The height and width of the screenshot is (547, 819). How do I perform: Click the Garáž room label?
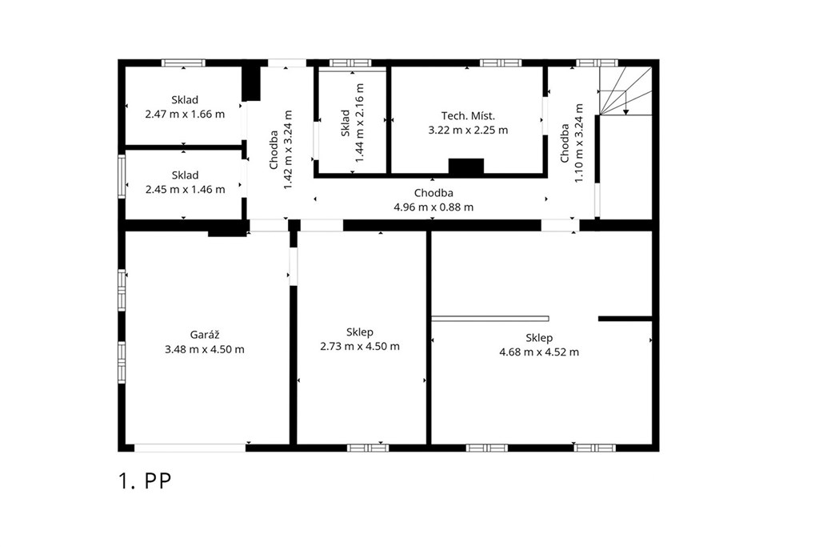click(x=204, y=336)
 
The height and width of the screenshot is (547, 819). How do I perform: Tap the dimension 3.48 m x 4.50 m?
click(x=205, y=349)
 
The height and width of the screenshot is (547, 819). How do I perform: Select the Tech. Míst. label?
click(x=468, y=115)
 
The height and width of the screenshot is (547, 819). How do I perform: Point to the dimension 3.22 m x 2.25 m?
click(x=468, y=131)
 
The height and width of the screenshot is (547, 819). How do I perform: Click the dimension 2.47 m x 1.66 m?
click(x=185, y=114)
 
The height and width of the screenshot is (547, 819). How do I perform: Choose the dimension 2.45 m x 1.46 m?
click(x=185, y=189)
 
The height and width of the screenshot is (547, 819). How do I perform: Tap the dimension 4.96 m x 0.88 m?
click(x=433, y=207)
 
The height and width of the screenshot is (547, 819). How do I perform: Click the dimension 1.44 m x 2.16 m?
click(x=359, y=123)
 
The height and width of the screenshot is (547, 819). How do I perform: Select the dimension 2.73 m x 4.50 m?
click(x=360, y=346)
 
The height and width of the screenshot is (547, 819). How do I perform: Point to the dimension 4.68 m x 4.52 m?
click(x=539, y=352)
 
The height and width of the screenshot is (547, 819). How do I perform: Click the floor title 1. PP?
click(x=145, y=481)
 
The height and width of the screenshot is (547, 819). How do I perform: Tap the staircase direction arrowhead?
click(x=625, y=112)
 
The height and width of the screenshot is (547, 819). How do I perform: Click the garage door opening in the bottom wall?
click(x=190, y=448)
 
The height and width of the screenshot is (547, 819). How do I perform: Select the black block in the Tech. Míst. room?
click(x=466, y=166)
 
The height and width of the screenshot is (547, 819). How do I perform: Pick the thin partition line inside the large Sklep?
click(x=490, y=319)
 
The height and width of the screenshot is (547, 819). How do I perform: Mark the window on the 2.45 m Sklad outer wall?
click(x=122, y=176)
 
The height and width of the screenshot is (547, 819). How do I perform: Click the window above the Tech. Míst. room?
click(x=501, y=62)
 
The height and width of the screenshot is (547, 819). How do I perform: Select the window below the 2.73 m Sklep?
click(x=368, y=448)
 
